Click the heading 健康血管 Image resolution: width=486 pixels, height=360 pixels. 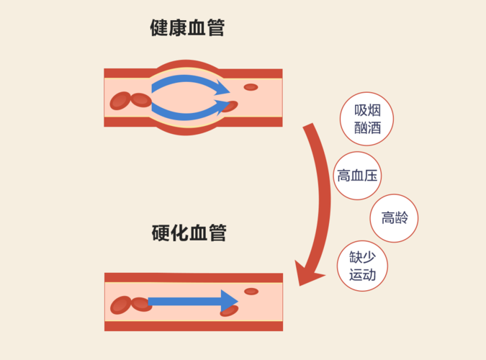(x=187, y=29)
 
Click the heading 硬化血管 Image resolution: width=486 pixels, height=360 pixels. (x=189, y=234)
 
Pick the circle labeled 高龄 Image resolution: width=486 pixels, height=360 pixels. (x=395, y=217)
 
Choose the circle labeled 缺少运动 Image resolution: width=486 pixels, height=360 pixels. (x=363, y=266)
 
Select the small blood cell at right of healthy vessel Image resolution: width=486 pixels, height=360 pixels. (x=251, y=87)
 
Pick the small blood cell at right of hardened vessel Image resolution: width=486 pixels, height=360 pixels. (x=251, y=292)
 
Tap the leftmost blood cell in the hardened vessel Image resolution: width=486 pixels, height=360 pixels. (x=120, y=305)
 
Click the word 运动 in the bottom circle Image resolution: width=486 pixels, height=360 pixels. (x=363, y=275)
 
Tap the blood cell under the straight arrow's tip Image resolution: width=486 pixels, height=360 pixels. (x=229, y=311)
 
